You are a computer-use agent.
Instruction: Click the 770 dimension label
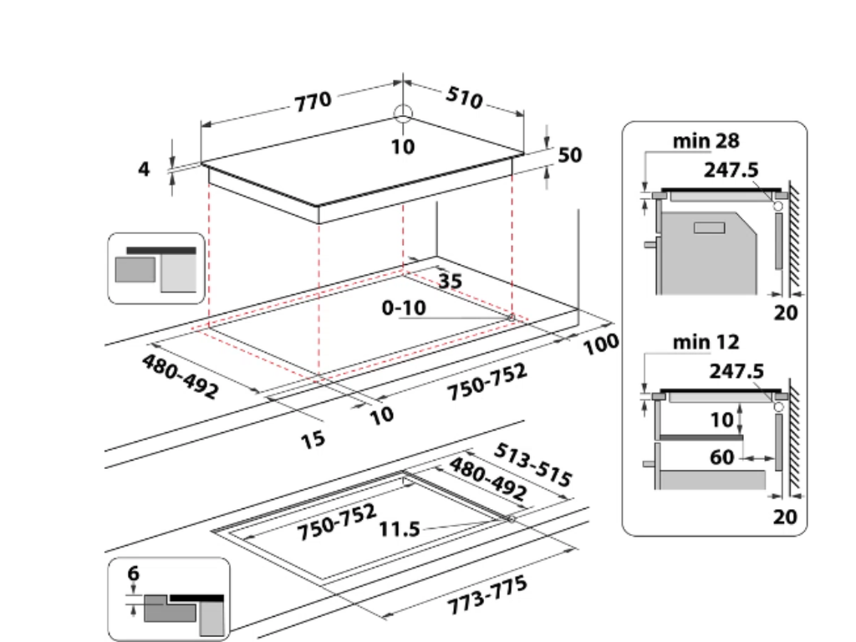(313, 102)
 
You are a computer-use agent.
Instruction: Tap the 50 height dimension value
(569, 155)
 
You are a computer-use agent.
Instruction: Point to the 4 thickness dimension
(144, 169)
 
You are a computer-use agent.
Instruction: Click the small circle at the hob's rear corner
(403, 115)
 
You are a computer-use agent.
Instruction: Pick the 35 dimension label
(449, 282)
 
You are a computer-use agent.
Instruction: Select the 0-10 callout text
(404, 308)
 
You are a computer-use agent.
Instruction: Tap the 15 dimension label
(313, 438)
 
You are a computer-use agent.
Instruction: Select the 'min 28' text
(706, 140)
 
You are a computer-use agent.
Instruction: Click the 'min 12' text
(706, 341)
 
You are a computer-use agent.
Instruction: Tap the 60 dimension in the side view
(722, 458)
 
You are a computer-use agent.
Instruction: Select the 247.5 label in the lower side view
(736, 371)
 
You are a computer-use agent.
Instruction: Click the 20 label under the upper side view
(786, 313)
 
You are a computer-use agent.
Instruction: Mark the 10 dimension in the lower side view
(721, 420)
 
